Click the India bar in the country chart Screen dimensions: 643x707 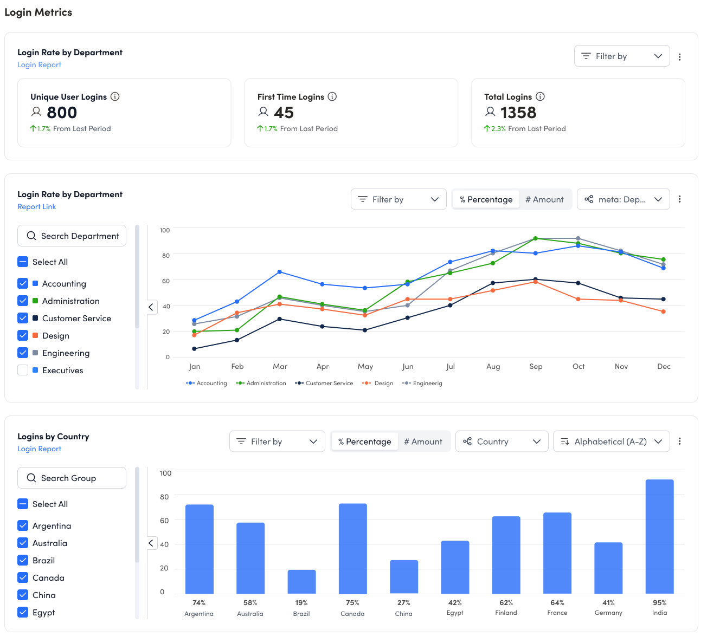pyautogui.click(x=659, y=536)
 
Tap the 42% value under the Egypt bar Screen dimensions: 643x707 pyautogui.click(x=455, y=602)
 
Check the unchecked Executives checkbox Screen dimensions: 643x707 pyautogui.click(x=23, y=371)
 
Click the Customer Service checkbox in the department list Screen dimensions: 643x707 pyautogui.click(x=23, y=319)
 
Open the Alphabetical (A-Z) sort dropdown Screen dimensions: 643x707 pyautogui.click(x=611, y=441)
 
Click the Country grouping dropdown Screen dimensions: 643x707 pyautogui.click(x=502, y=441)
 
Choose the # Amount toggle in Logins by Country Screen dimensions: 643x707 pyautogui.click(x=423, y=441)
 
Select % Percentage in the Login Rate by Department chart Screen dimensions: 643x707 pyautogui.click(x=486, y=199)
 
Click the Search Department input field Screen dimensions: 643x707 pyautogui.click(x=72, y=236)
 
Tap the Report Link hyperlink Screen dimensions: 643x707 pyautogui.click(x=36, y=207)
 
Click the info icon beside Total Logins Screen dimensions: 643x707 pyautogui.click(x=540, y=96)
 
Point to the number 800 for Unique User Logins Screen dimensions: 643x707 pyautogui.click(x=62, y=113)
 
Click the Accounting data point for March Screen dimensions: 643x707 pyautogui.click(x=280, y=272)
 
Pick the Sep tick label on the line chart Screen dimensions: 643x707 pyautogui.click(x=536, y=367)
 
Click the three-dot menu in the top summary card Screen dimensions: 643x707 pyautogui.click(x=680, y=56)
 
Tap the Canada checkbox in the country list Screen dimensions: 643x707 pyautogui.click(x=23, y=578)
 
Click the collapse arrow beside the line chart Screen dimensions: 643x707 pyautogui.click(x=151, y=307)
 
